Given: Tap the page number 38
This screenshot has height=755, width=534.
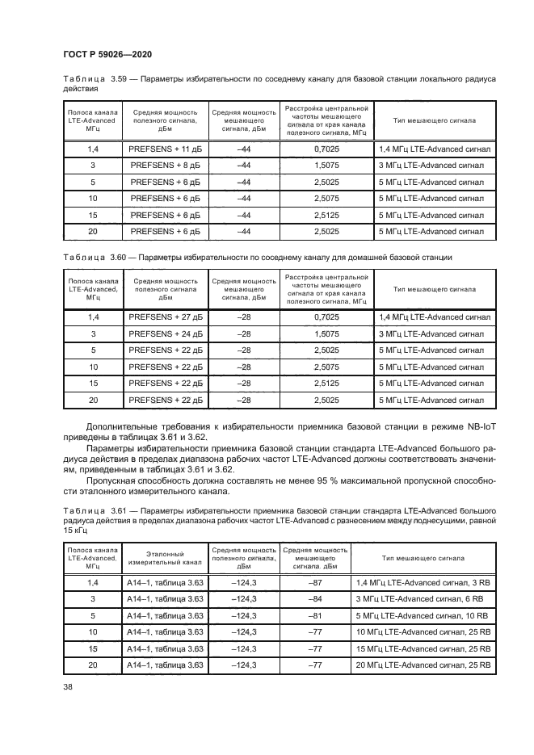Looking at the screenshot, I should click(x=68, y=687).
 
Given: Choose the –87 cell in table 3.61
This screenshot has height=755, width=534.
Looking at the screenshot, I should click(x=315, y=582).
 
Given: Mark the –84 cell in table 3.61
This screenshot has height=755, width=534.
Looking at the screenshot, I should click(x=315, y=598).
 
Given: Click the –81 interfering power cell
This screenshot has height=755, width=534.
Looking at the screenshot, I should click(x=315, y=615).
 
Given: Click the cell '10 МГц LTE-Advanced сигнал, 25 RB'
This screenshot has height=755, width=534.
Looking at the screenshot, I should click(x=423, y=631).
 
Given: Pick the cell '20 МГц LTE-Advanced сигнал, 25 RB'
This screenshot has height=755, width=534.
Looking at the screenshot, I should click(x=423, y=665).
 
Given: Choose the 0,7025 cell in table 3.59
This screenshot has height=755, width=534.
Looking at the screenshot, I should click(x=326, y=149).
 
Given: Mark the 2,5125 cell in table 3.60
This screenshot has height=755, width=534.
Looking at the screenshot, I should click(x=326, y=383).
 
